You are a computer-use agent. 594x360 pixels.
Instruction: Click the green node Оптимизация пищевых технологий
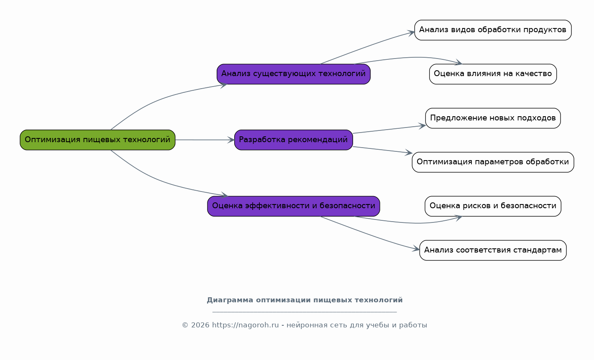[97, 140]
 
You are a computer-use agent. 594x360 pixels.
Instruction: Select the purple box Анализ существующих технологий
[294, 74]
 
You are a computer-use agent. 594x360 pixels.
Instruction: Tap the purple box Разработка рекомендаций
[294, 140]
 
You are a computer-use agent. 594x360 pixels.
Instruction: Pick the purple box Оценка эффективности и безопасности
[294, 206]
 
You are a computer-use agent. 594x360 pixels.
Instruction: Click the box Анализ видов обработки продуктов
[493, 30]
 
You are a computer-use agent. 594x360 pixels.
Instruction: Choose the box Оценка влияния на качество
[493, 74]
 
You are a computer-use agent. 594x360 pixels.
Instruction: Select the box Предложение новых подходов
[493, 118]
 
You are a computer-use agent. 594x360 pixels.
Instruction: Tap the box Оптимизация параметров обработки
[493, 162]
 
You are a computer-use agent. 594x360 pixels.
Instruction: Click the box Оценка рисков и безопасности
[493, 206]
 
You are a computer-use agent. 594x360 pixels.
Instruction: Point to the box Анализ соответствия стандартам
[493, 250]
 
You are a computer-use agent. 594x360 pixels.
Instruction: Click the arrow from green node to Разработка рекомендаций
[205, 140]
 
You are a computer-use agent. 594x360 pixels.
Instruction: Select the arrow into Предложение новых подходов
[389, 129]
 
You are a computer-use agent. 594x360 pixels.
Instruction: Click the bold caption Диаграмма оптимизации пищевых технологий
[305, 300]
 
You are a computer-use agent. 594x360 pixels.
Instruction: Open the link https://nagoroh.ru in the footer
[245, 325]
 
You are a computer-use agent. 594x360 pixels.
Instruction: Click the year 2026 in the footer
[200, 325]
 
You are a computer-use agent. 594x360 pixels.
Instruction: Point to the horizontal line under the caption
[305, 312]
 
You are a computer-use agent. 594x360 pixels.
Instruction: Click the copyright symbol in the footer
[185, 325]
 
